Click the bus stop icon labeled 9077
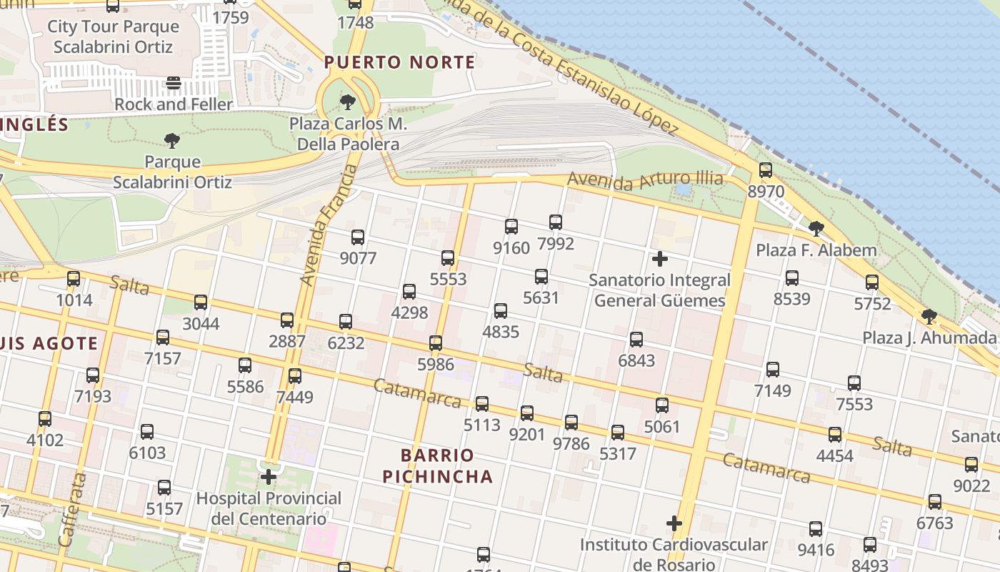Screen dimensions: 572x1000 click(x=358, y=237)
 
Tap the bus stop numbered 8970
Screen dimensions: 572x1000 click(x=766, y=170)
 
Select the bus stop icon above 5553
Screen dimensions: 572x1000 click(x=448, y=258)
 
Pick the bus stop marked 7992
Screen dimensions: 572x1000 click(x=556, y=222)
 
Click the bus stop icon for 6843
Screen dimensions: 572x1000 click(x=636, y=340)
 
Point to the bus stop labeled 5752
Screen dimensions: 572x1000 click(x=872, y=282)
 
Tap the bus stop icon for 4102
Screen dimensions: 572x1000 click(x=45, y=419)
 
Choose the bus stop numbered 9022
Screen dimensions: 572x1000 click(x=971, y=465)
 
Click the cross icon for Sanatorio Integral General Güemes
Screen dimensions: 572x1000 click(x=660, y=259)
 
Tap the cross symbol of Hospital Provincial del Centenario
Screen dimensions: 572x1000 click(x=269, y=476)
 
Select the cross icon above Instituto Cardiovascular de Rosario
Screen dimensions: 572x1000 click(x=674, y=523)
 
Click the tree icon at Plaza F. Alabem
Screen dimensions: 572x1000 click(x=816, y=229)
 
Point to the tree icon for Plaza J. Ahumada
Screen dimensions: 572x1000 click(x=929, y=316)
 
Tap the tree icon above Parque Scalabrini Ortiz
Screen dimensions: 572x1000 click(x=171, y=140)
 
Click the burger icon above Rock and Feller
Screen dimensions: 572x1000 click(x=174, y=83)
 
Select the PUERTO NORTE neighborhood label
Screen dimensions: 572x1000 click(x=399, y=62)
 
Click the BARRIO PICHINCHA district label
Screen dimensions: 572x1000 click(x=437, y=465)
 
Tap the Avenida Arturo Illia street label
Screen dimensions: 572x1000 click(x=645, y=179)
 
